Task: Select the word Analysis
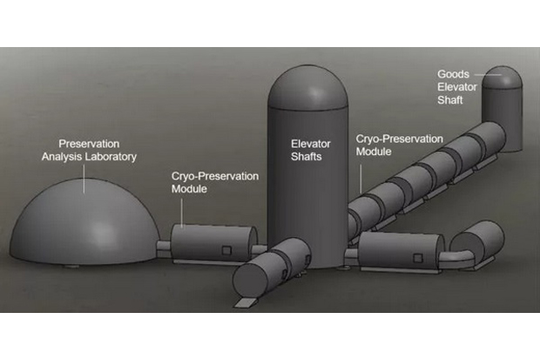(64, 157)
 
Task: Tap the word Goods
(453, 74)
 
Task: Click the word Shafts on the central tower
(307, 157)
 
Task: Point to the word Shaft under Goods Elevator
(449, 100)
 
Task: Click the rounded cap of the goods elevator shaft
(502, 78)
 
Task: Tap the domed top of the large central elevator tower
(307, 87)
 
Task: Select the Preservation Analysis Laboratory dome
(84, 221)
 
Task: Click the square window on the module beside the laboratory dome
(226, 250)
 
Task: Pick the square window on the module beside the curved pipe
(418, 258)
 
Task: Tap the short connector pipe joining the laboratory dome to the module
(164, 248)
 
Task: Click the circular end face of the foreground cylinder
(250, 281)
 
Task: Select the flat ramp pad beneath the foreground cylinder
(246, 302)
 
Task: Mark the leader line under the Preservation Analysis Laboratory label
(84, 179)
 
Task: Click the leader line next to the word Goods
(488, 74)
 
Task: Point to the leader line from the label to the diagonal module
(361, 179)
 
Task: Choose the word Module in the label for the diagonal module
(374, 152)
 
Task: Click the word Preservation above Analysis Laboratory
(89, 144)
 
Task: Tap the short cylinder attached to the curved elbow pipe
(478, 242)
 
